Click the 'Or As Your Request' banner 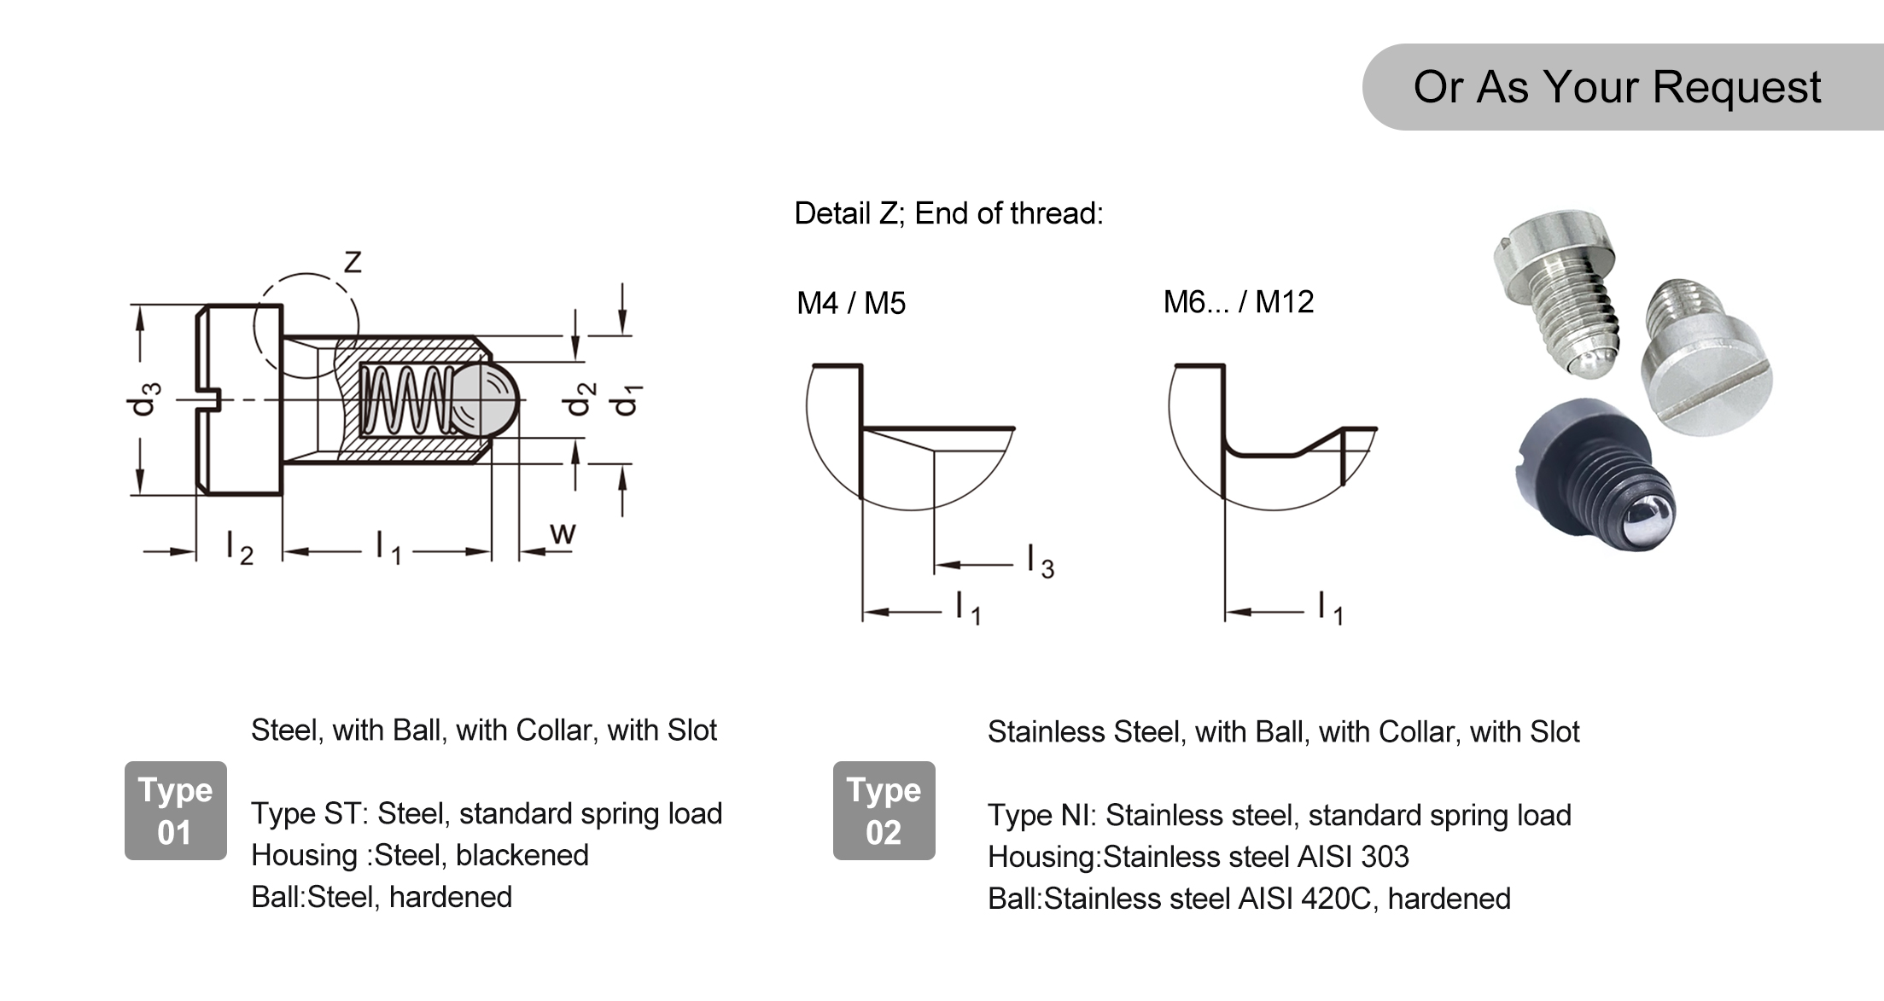point(1622,87)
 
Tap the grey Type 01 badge point(175,811)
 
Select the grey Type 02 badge point(884,811)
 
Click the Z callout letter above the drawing point(352,262)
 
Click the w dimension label point(563,533)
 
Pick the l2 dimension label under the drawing point(240,547)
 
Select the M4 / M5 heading point(850,303)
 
